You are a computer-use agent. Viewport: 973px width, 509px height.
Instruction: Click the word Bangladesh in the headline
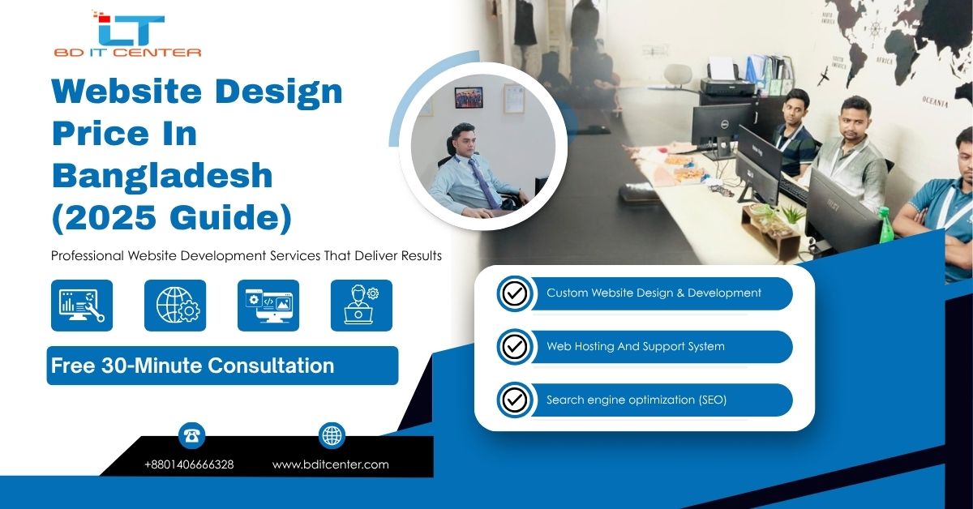(x=162, y=175)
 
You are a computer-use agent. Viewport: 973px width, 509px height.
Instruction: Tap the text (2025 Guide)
(x=171, y=217)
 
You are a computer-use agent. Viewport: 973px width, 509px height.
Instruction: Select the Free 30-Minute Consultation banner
(x=222, y=366)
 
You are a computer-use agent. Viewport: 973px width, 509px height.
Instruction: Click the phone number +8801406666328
(x=189, y=464)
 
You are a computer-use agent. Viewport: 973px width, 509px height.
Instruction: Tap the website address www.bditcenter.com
(x=330, y=464)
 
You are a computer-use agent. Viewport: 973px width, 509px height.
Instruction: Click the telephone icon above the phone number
(x=192, y=435)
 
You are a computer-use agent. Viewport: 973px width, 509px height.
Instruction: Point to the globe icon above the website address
(x=332, y=435)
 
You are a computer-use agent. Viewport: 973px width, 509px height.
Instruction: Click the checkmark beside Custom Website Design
(x=514, y=293)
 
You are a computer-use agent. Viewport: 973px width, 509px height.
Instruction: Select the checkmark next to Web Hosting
(x=514, y=347)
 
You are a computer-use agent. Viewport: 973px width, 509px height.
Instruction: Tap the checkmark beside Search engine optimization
(x=514, y=400)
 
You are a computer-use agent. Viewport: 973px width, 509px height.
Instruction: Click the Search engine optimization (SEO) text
(x=636, y=400)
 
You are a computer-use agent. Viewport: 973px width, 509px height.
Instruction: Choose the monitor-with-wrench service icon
(x=82, y=306)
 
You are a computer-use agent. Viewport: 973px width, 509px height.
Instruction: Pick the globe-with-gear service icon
(x=175, y=306)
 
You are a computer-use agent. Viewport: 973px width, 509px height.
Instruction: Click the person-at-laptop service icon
(x=362, y=306)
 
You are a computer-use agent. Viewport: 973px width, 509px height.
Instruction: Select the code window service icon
(x=268, y=306)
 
